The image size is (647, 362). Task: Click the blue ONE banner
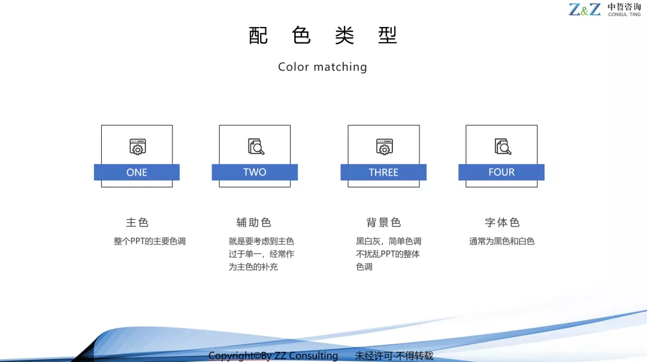pos(137,172)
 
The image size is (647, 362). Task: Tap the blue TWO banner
pos(255,172)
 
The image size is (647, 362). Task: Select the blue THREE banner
pos(383,172)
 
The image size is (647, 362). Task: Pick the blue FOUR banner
pos(501,172)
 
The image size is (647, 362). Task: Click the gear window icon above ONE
pos(137,147)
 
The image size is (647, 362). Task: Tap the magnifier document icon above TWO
pos(256,146)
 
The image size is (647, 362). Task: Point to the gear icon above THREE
pos(384,147)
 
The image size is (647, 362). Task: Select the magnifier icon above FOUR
pos(503,146)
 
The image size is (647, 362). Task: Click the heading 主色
pos(137,222)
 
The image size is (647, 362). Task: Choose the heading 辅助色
pos(254,222)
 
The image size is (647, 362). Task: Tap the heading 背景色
pos(384,222)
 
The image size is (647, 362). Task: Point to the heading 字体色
pos(502,222)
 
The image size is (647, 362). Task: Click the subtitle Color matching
pos(322,67)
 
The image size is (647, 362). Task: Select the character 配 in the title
pos(258,35)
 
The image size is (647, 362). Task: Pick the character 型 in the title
pos(388,35)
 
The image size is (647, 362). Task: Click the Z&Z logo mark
pos(584,10)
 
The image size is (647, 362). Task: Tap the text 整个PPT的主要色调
pos(149,241)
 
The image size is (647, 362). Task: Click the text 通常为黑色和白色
pos(502,241)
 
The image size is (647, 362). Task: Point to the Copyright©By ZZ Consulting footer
pos(273,356)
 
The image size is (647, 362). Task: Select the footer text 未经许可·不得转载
pos(394,356)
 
